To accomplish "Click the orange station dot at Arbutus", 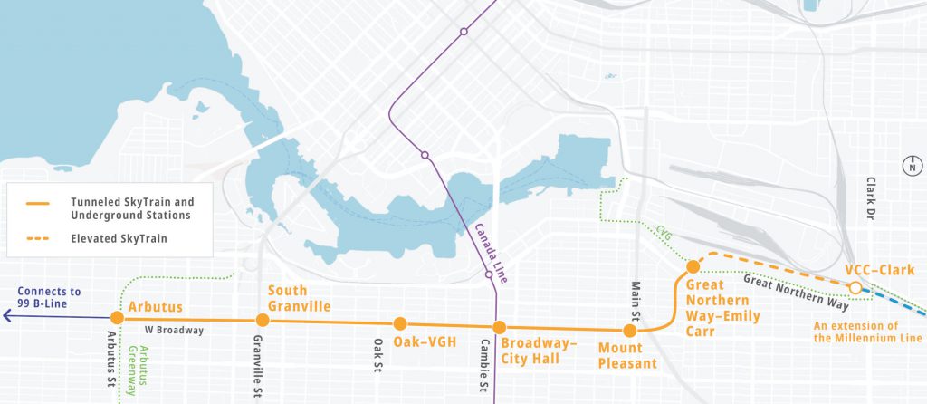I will point(117,318).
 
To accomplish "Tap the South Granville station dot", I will point(263,320).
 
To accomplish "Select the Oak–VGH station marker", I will point(399,323).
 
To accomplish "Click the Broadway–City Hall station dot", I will point(498,327).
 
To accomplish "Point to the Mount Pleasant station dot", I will point(630,331).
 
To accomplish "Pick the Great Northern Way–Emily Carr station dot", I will point(693,266).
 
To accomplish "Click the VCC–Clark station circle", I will point(854,288).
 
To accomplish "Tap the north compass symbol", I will point(912,166).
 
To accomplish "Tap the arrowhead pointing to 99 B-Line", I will point(7,316).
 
